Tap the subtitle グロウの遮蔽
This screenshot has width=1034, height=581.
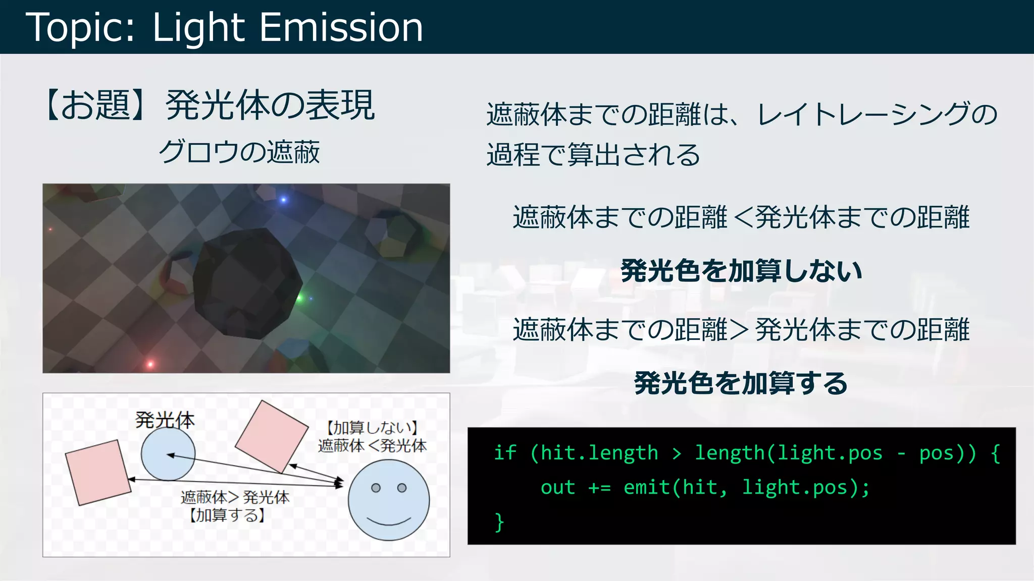click(239, 152)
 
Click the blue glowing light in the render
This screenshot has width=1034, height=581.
click(283, 200)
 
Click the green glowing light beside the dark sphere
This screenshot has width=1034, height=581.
click(299, 298)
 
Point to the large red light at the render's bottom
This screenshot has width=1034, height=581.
click(150, 364)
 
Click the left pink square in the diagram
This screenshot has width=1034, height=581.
click(98, 472)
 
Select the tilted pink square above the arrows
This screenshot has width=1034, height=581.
click(272, 436)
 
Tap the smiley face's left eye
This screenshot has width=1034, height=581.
click(376, 488)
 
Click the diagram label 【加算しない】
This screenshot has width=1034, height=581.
click(372, 428)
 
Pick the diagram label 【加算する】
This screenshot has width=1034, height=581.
click(227, 515)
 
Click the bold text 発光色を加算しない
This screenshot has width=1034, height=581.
click(741, 271)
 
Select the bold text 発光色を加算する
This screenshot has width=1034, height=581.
click(741, 383)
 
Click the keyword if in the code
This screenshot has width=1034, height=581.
click(504, 453)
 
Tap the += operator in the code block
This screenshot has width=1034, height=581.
click(599, 488)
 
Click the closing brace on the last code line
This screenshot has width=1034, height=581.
click(499, 522)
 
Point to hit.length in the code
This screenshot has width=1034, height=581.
click(599, 453)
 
